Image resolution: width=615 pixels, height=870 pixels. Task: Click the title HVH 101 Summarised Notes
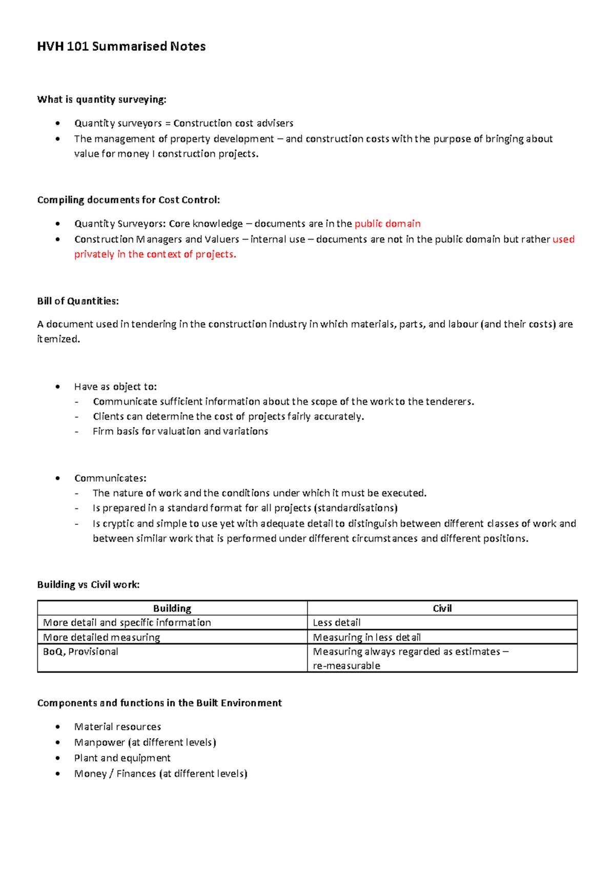[x=121, y=47]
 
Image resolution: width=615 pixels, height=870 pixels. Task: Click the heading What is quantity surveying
[x=101, y=100]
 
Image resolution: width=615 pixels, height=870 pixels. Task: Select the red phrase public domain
[x=387, y=224]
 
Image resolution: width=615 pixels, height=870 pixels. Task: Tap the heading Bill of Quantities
[x=78, y=301]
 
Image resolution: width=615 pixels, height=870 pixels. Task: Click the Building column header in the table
[x=172, y=608]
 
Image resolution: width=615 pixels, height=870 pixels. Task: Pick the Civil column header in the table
[x=442, y=608]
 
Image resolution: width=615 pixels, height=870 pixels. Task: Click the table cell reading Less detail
[x=337, y=623]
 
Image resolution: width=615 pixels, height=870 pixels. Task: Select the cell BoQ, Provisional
[x=80, y=651]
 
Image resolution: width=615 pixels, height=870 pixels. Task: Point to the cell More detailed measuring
[x=101, y=638]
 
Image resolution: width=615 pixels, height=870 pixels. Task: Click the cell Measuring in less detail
[x=367, y=638]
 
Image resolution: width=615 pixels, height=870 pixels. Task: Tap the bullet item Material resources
[x=117, y=727]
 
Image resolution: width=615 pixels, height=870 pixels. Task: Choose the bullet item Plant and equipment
[x=122, y=758]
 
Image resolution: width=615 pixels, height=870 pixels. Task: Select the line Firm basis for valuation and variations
[x=180, y=431]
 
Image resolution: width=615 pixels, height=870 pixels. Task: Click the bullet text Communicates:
[x=110, y=478]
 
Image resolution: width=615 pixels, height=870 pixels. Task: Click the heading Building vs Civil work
[x=88, y=585]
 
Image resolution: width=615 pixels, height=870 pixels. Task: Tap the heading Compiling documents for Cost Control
[x=128, y=200]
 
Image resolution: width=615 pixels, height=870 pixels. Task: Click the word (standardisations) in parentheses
[x=356, y=508]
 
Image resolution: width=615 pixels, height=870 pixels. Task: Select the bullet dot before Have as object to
[x=58, y=387]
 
